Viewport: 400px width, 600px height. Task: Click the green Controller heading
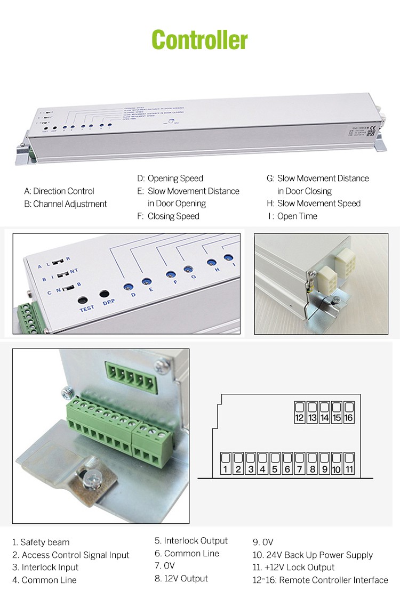pyautogui.click(x=199, y=40)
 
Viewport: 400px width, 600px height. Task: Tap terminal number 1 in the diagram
pyautogui.click(x=226, y=464)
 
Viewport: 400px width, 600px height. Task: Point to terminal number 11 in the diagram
pyautogui.click(x=349, y=464)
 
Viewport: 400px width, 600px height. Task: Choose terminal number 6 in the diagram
pyautogui.click(x=287, y=464)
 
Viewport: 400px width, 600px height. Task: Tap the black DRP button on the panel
pyautogui.click(x=105, y=294)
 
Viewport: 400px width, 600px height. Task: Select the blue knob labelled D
pyautogui.click(x=129, y=287)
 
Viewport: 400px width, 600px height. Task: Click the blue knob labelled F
pyautogui.click(x=170, y=274)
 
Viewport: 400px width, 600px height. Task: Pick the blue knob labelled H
pyautogui.click(x=211, y=263)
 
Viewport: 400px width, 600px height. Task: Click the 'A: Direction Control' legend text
pyautogui.click(x=59, y=191)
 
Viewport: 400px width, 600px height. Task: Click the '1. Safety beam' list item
pyautogui.click(x=41, y=542)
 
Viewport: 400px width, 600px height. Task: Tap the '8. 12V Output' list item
pyautogui.click(x=181, y=578)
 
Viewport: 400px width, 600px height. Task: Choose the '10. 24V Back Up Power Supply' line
pyautogui.click(x=313, y=555)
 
